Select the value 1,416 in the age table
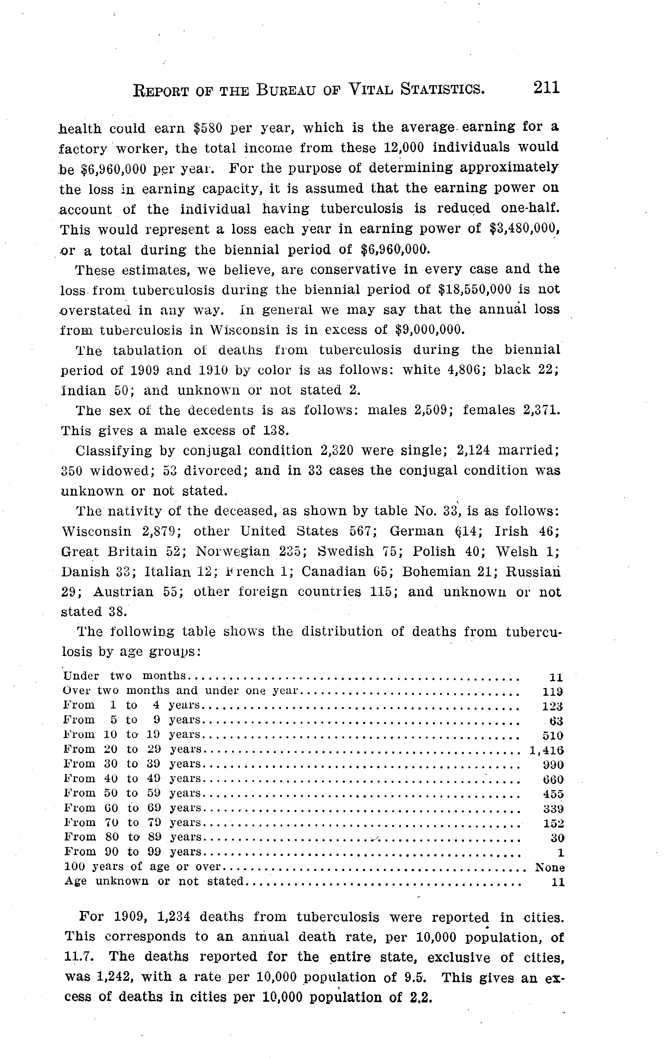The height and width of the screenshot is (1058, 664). click(547, 750)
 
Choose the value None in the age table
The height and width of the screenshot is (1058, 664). click(550, 868)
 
